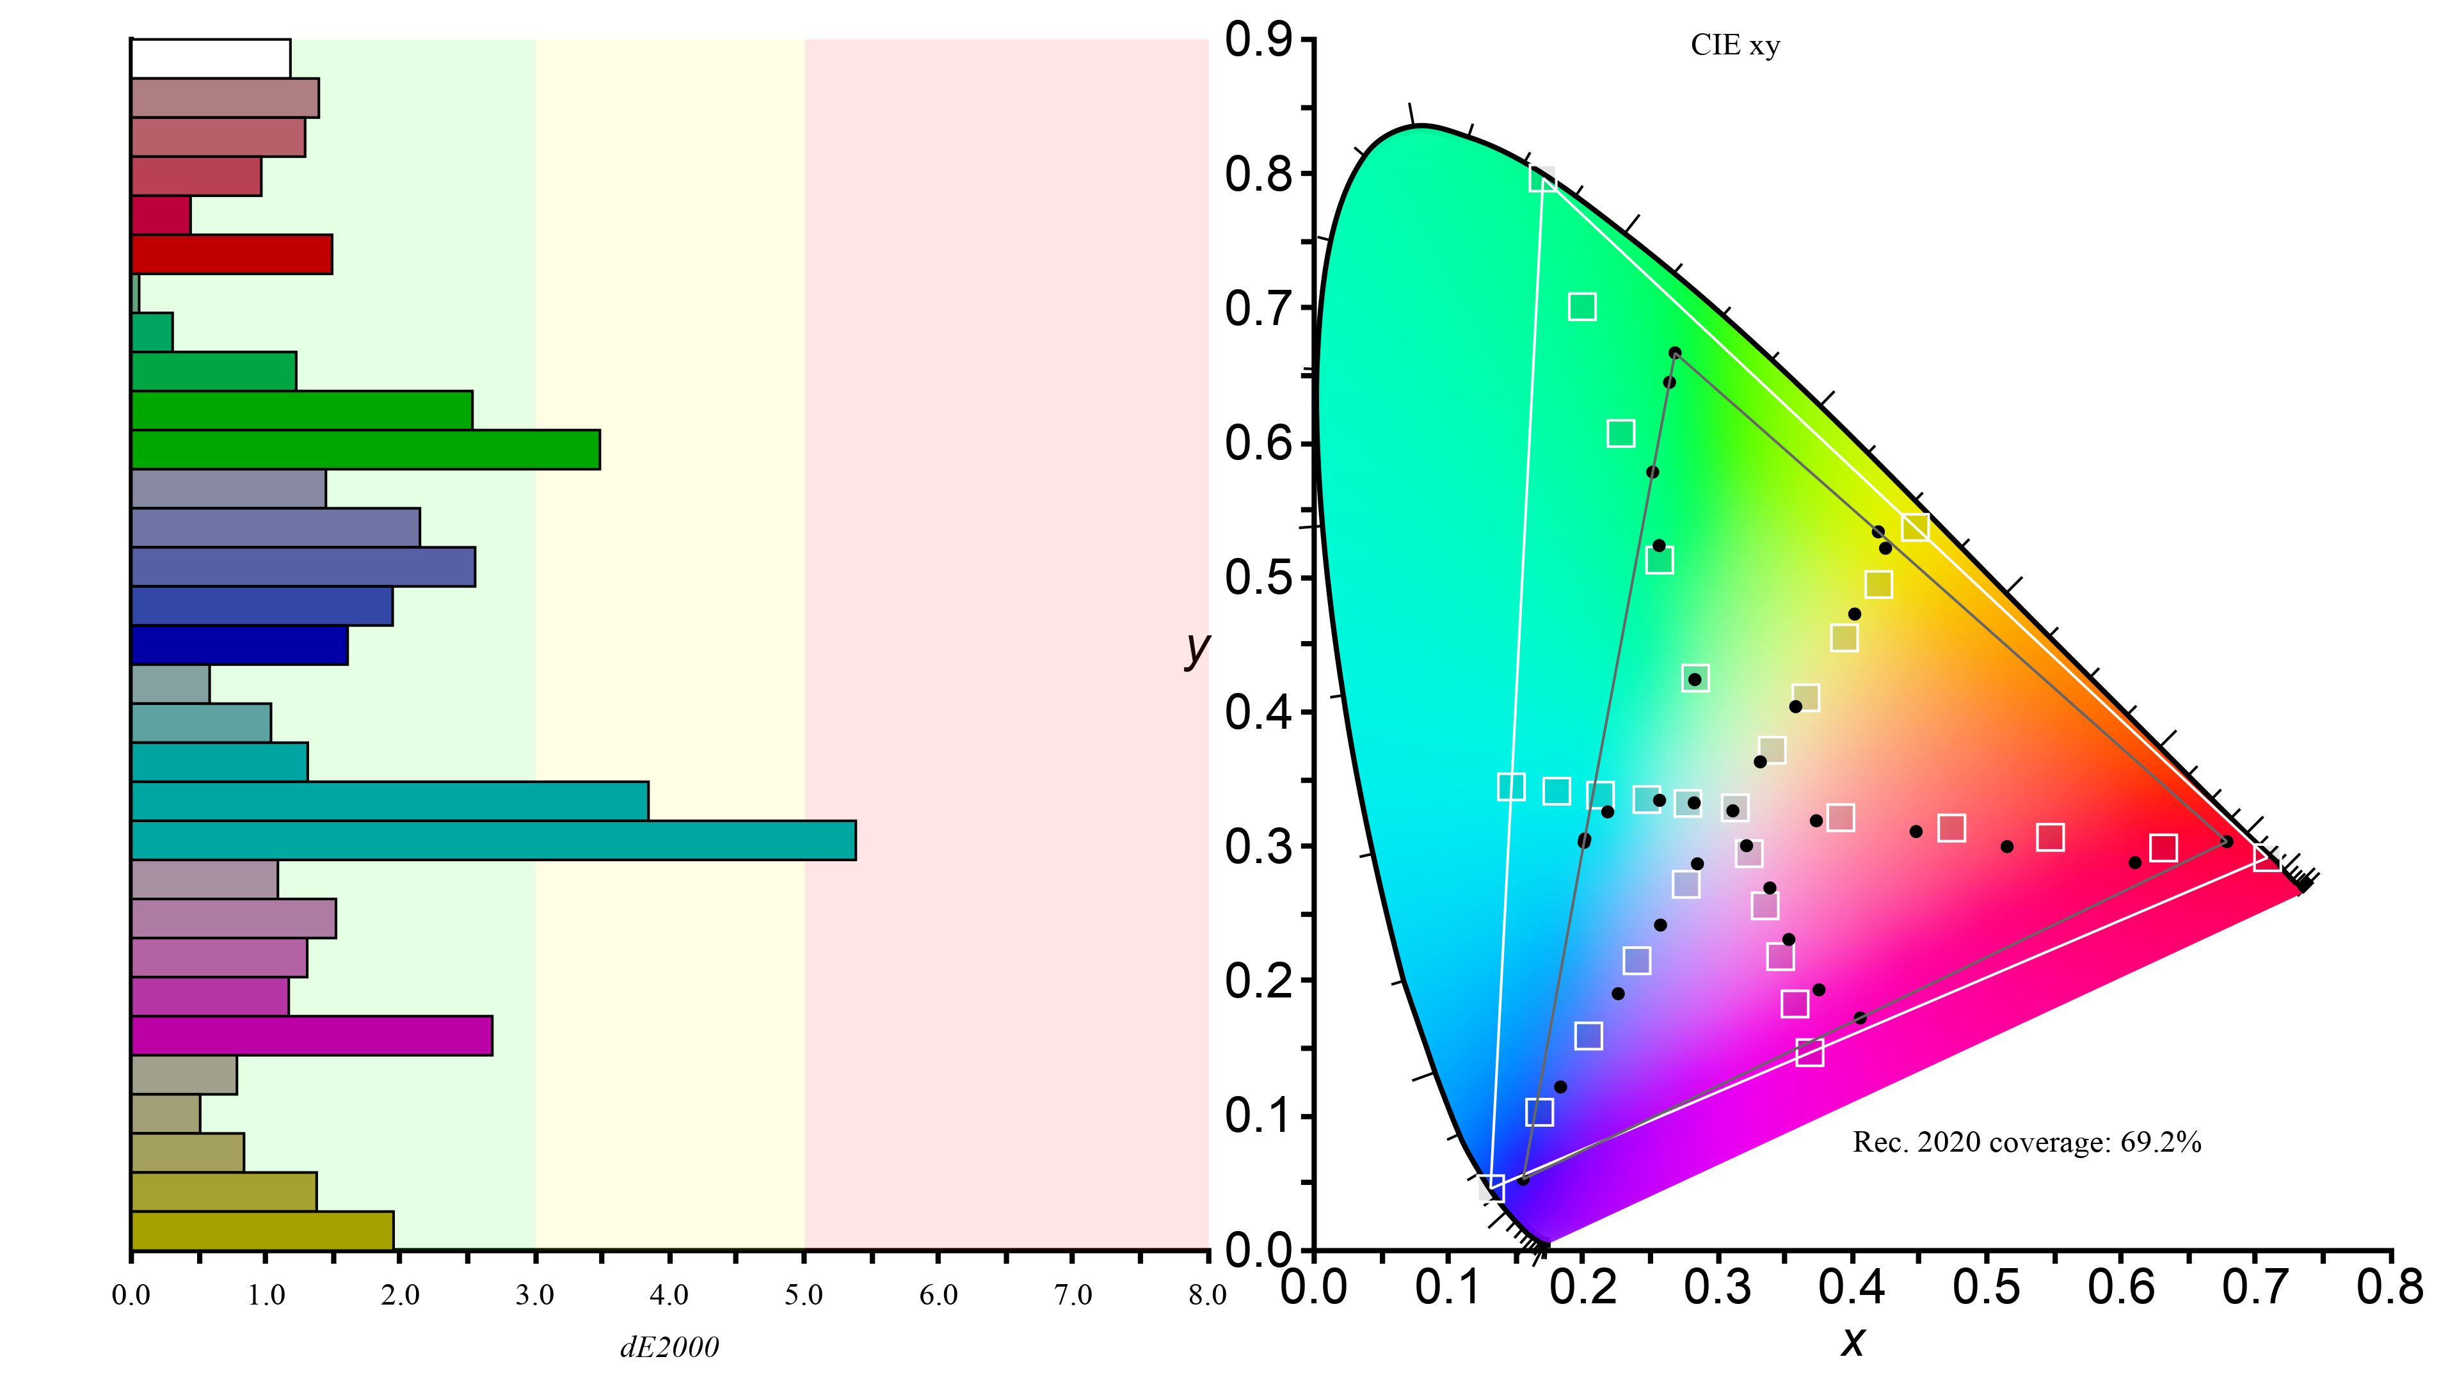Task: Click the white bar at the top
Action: pyautogui.click(x=211, y=58)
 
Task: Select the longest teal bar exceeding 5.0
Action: pyautogui.click(x=493, y=840)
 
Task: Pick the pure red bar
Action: pyautogui.click(x=232, y=254)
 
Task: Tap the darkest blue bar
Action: pyautogui.click(x=239, y=646)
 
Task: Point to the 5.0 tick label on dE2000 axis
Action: pyautogui.click(x=804, y=1294)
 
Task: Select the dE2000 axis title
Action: pyautogui.click(x=669, y=1347)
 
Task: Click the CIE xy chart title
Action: pyautogui.click(x=1735, y=46)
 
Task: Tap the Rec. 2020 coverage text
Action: pyautogui.click(x=2027, y=1143)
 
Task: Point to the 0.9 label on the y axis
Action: pyautogui.click(x=1258, y=40)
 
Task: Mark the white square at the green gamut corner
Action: pyautogui.click(x=1542, y=179)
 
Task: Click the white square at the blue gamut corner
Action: pyautogui.click(x=1492, y=1187)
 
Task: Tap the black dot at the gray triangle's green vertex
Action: pyautogui.click(x=1675, y=353)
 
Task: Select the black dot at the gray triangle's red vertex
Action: pyautogui.click(x=2226, y=841)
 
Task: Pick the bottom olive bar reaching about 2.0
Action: pyautogui.click(x=262, y=1230)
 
